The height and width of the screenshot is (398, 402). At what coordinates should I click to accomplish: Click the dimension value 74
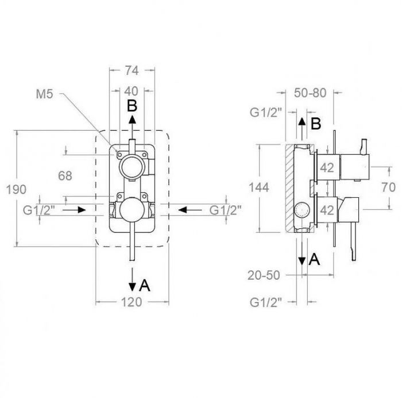[132, 71]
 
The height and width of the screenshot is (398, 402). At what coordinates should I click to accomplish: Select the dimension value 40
[132, 91]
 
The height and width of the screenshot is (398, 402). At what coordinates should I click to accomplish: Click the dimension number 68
[65, 176]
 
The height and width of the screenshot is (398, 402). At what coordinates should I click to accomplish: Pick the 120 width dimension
[132, 303]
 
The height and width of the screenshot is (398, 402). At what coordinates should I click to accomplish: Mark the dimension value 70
[389, 186]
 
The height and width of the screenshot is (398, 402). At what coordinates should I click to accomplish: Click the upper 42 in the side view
[327, 169]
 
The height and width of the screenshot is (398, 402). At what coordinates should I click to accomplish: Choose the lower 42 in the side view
[327, 210]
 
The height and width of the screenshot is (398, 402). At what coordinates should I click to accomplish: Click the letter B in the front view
[132, 106]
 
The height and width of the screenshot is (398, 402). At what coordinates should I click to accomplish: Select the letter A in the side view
[314, 259]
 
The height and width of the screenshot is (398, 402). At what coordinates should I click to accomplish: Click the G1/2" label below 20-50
[265, 301]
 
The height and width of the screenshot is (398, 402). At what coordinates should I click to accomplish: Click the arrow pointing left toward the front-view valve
[192, 210]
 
